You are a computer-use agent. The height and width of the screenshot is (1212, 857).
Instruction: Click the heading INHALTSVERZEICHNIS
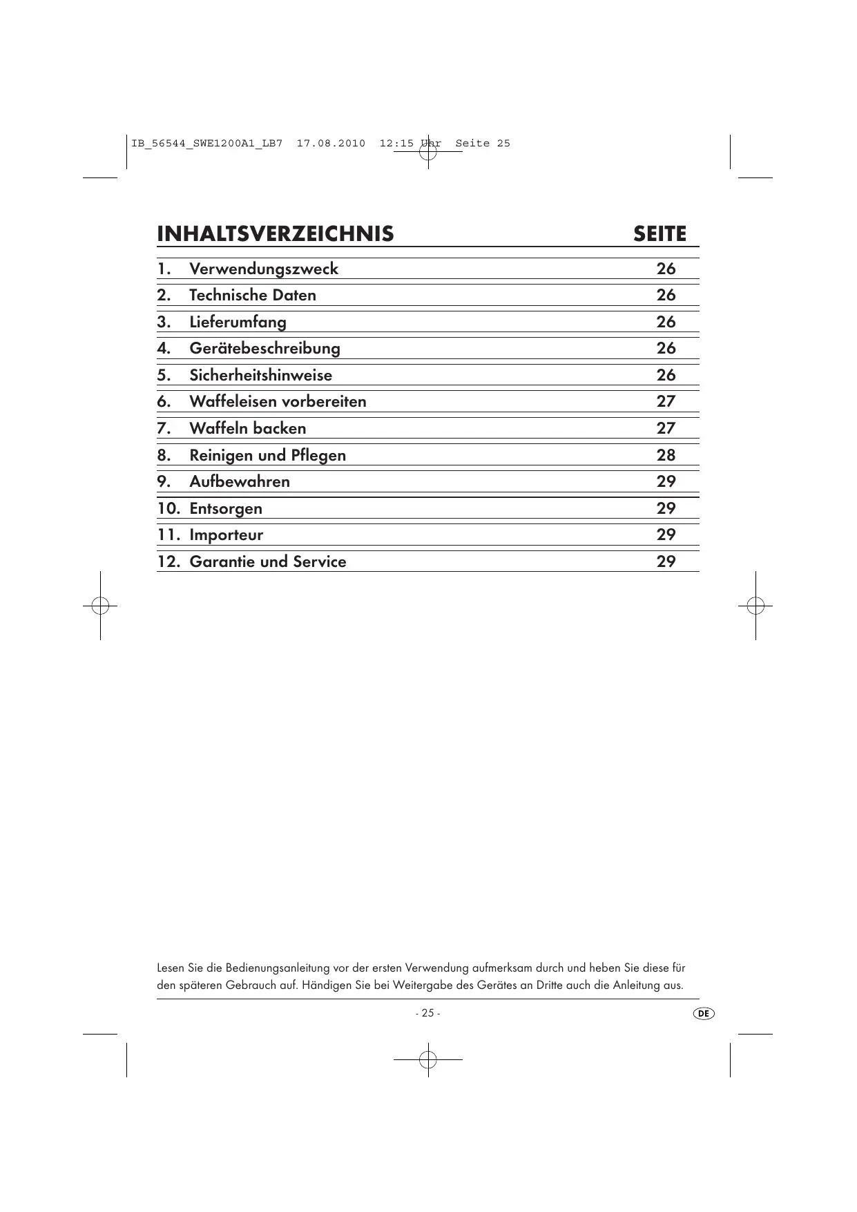275,234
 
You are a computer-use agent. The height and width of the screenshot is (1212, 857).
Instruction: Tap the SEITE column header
659,234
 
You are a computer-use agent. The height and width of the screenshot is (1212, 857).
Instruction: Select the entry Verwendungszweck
264,269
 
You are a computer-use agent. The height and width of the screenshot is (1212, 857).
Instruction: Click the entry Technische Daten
253,295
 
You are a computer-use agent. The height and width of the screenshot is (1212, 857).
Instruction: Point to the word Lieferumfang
238,322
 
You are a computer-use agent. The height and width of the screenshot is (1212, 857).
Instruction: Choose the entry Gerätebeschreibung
264,348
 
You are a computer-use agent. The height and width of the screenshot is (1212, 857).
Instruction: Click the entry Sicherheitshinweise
260,375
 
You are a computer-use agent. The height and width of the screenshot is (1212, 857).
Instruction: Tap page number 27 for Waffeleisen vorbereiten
666,401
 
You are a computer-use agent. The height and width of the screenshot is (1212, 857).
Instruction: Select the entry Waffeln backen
247,428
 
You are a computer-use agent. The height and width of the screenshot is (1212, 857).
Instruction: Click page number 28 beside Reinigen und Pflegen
666,455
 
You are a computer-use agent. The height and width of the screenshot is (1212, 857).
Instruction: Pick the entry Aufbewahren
240,481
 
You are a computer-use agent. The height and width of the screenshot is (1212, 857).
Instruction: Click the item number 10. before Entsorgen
169,508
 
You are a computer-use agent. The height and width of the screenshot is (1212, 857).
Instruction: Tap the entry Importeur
226,535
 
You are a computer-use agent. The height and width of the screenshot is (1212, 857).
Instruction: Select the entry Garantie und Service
268,561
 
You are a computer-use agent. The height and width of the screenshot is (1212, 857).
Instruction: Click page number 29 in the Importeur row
666,535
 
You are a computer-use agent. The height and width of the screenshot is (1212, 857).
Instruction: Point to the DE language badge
703,1013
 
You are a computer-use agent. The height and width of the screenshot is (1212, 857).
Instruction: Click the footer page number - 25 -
427,1013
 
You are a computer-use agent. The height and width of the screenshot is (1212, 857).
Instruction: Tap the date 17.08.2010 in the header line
331,144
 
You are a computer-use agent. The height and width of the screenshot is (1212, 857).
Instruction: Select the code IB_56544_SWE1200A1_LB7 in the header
206,144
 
